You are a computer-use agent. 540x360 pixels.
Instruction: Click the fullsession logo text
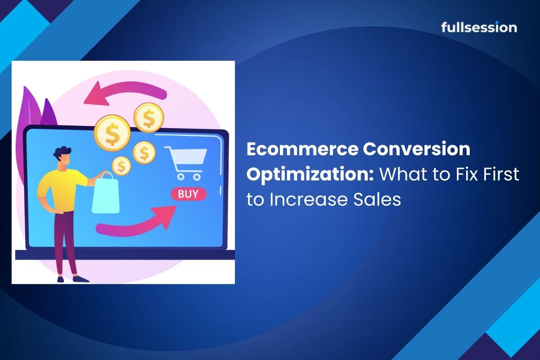tap(479, 27)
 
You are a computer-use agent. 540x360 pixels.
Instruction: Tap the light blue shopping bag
tap(105, 193)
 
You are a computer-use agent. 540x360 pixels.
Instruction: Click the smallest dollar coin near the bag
tap(121, 166)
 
